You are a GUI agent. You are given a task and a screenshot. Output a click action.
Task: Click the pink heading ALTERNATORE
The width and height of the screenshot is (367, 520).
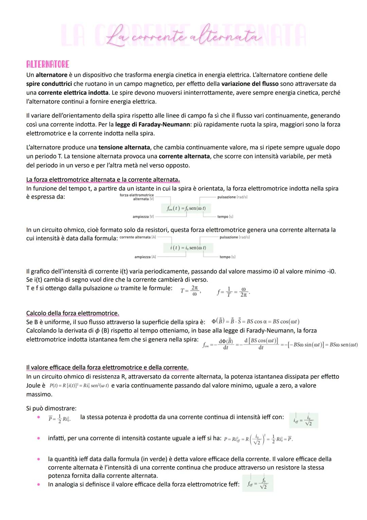(48, 64)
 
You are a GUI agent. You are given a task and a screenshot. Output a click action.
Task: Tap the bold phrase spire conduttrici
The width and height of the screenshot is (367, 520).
(49, 84)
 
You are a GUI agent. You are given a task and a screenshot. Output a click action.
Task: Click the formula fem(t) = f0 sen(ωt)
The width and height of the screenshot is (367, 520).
(186, 208)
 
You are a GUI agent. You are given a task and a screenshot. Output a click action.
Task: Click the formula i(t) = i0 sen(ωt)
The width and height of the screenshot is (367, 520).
(188, 248)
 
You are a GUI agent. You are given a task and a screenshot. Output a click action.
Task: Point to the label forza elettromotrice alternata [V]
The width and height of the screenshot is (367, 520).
(137, 197)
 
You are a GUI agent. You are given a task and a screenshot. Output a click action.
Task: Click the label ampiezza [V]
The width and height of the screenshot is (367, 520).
(143, 217)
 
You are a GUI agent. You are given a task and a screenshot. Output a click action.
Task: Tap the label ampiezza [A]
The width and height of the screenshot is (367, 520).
(145, 257)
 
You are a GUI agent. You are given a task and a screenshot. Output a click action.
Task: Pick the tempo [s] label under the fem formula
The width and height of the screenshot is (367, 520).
(225, 217)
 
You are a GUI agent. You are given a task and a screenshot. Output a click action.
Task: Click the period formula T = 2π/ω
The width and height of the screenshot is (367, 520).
(190, 290)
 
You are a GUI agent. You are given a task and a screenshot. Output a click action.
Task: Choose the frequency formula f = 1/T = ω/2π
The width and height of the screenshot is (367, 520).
(233, 292)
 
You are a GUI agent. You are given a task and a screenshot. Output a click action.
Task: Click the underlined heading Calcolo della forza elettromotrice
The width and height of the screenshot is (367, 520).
(72, 313)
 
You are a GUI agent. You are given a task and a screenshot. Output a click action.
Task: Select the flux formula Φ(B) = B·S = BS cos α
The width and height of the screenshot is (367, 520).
(255, 321)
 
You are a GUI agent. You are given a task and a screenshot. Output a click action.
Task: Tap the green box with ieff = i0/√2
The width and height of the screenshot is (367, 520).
(303, 420)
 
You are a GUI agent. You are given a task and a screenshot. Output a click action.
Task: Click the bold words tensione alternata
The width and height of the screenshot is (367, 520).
(124, 147)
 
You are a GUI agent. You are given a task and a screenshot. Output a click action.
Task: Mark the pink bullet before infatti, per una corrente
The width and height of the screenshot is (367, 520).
(39, 438)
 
